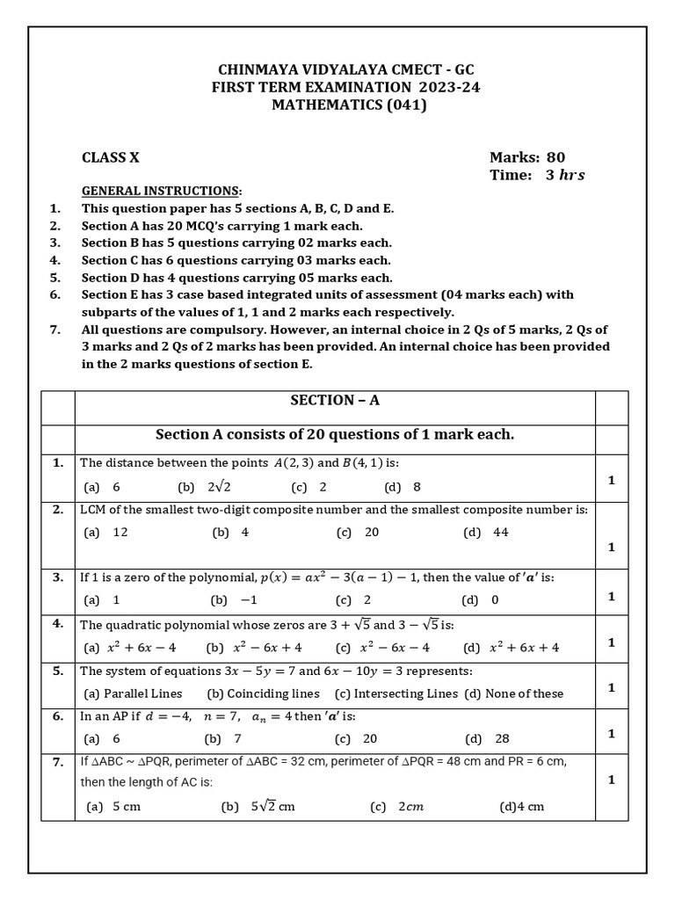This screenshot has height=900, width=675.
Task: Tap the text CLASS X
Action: pyautogui.click(x=110, y=158)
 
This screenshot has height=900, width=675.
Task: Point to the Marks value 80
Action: pyautogui.click(x=555, y=158)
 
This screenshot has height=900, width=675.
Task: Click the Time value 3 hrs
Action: pyautogui.click(x=564, y=175)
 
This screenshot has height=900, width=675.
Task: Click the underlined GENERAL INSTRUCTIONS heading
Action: pyautogui.click(x=161, y=191)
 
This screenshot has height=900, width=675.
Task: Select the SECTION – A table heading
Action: pyautogui.click(x=335, y=400)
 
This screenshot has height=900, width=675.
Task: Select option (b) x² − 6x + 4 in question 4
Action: pyautogui.click(x=255, y=648)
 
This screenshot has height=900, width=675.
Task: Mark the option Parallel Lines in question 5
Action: pyautogui.click(x=134, y=693)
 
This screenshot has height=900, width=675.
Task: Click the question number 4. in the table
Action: pyautogui.click(x=57, y=623)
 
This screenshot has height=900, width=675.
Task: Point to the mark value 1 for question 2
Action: pyautogui.click(x=611, y=547)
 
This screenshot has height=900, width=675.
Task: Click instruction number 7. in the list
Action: pyautogui.click(x=55, y=329)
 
